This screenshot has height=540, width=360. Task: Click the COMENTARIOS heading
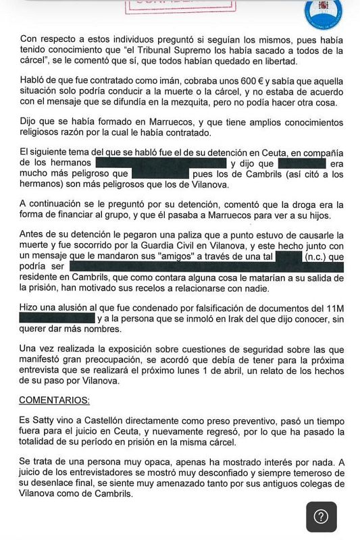coord(54,400)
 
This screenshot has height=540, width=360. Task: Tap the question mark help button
coord(322,516)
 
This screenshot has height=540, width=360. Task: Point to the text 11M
coord(334,308)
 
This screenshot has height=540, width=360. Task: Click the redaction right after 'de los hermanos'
coord(161,163)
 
